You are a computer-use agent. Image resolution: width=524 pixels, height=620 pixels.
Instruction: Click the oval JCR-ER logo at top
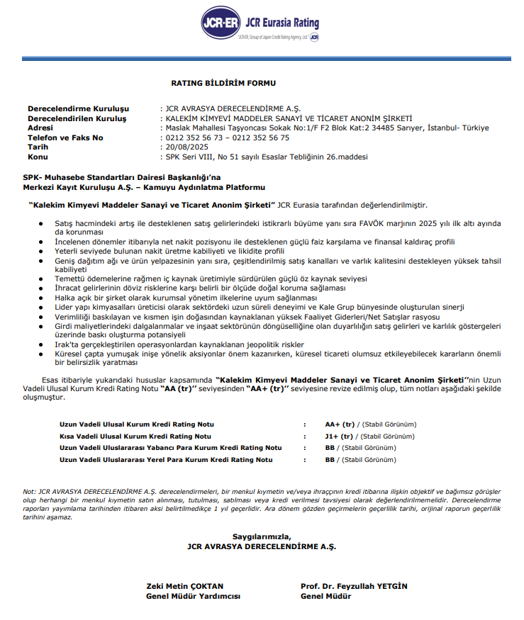coord(221,23)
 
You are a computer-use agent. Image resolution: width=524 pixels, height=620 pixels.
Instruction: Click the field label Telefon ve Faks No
coord(65,137)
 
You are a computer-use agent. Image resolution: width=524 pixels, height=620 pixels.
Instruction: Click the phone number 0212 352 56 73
coord(191,137)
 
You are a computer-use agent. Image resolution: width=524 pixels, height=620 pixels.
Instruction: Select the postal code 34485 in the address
coord(372,128)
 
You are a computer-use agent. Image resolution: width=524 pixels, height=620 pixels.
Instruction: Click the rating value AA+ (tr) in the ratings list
coord(338,424)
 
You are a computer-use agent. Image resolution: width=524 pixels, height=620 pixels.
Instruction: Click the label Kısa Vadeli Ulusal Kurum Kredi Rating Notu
coord(135,436)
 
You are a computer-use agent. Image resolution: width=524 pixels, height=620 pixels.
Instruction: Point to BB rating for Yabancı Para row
coord(330,448)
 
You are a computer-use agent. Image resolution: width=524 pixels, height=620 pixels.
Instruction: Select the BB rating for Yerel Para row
coord(330,459)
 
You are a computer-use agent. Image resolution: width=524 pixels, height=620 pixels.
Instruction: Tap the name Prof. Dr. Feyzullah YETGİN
coord(354,586)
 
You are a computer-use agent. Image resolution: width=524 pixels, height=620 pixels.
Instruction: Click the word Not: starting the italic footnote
coord(29,491)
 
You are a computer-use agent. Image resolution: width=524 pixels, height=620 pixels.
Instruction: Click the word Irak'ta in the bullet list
coord(67,344)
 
